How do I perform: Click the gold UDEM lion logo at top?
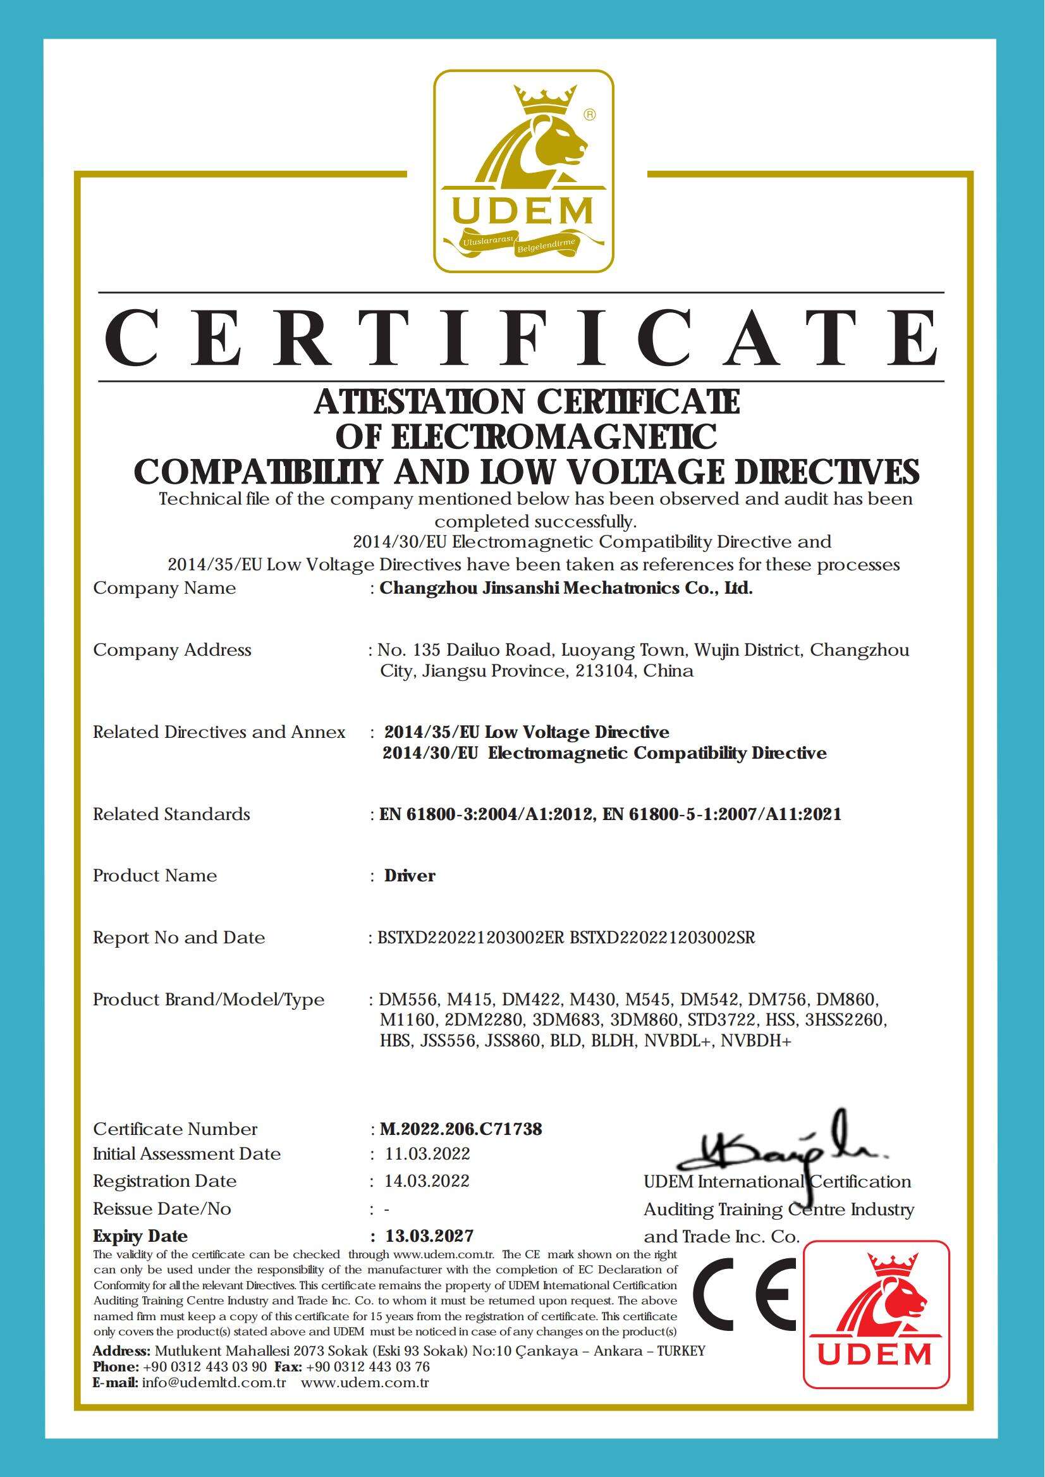point(522,171)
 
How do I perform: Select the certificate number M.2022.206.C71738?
point(461,1129)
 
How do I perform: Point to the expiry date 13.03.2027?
point(429,1235)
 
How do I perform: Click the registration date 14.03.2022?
point(427,1181)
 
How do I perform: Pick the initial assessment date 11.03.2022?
point(427,1153)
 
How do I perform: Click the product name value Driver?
point(410,876)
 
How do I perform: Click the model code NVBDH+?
point(755,1041)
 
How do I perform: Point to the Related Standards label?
point(171,814)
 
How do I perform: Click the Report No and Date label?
point(179,938)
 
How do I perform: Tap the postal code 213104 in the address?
point(605,671)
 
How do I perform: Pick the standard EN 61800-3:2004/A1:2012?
point(486,814)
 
